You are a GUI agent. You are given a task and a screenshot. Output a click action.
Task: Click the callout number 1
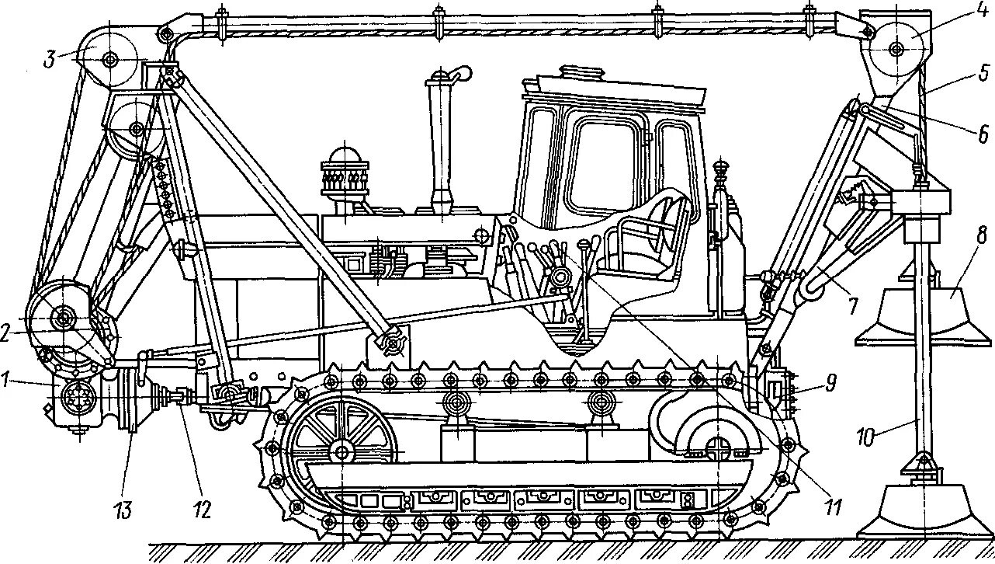click(6, 381)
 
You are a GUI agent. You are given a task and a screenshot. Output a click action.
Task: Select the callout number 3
click(50, 60)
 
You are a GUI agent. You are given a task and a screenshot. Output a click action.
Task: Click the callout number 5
click(983, 74)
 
